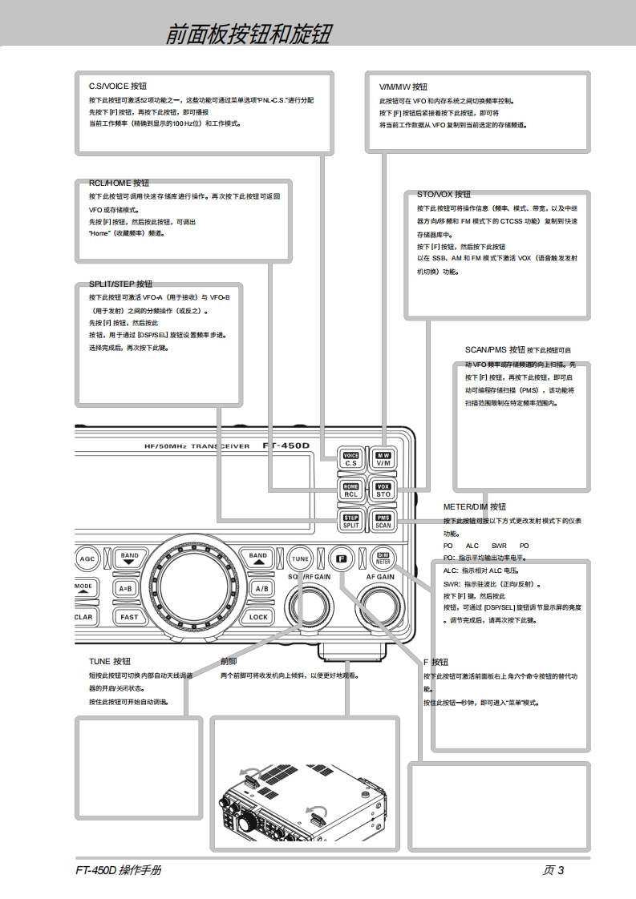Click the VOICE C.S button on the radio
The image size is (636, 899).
coord(350,459)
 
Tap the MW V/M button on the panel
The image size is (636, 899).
coord(383,459)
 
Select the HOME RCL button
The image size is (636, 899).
coord(350,490)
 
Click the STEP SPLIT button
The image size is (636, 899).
coord(350,522)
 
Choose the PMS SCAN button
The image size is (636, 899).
coord(383,522)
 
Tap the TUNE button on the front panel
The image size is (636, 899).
coord(300,558)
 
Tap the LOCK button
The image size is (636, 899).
coord(258,617)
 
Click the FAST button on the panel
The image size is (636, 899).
coord(129,617)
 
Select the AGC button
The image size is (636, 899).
coord(87,558)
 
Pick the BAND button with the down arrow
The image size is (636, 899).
coord(129,558)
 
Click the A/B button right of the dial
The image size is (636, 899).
coord(261,587)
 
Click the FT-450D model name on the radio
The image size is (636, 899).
coord(286,445)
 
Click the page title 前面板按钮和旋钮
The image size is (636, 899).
coord(248,34)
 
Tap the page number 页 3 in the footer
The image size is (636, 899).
coord(553,871)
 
